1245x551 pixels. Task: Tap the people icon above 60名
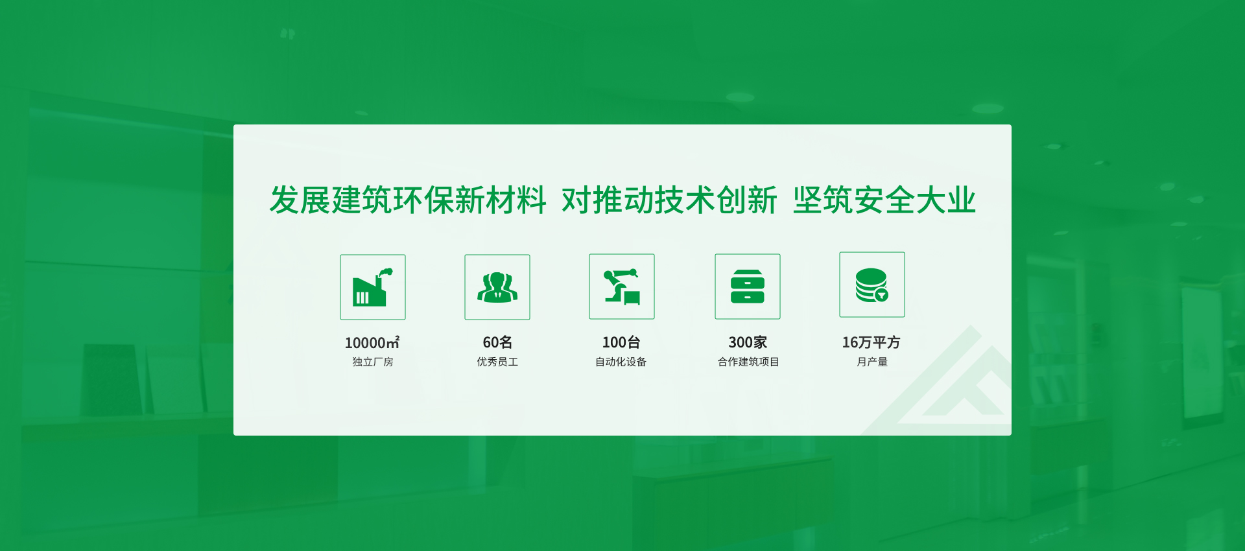pos(497,287)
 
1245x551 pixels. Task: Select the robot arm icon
pos(622,287)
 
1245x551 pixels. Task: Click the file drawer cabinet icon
pos(748,287)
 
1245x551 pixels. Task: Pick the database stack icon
pos(871,285)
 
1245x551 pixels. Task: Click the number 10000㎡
pos(372,342)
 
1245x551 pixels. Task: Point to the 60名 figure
pos(497,342)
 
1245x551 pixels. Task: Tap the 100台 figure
pos(621,342)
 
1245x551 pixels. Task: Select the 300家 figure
pos(748,342)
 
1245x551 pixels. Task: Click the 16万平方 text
pos(871,342)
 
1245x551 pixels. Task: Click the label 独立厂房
pos(373,362)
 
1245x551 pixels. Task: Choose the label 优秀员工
pos(497,362)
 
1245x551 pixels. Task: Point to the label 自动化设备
pos(621,362)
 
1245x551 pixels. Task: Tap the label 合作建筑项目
pos(748,362)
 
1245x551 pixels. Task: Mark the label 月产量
pos(872,362)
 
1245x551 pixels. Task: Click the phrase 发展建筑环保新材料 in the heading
pos(408,200)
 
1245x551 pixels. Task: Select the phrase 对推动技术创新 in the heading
pos(669,200)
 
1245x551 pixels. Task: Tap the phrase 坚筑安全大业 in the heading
pos(884,200)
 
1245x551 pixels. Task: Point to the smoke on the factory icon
pos(385,273)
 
